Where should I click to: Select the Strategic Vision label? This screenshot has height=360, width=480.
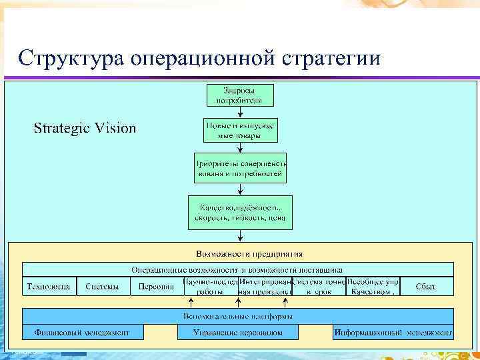[x=85, y=128]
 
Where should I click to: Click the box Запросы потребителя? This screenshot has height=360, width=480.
[x=239, y=95]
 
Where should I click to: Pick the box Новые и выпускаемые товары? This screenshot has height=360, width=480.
[x=239, y=130]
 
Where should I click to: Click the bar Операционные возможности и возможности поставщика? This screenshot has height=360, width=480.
[x=237, y=270]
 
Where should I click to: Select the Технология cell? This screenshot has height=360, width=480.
[x=49, y=287]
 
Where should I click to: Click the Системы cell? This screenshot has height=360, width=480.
[x=103, y=287]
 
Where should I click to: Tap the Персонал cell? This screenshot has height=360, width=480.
[x=155, y=287]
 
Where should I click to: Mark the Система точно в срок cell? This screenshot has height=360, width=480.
[x=319, y=287]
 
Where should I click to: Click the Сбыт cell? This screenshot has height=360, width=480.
[x=425, y=287]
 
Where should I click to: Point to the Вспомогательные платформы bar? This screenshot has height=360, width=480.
[x=238, y=315]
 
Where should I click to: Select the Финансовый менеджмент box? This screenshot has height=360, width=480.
[x=77, y=332]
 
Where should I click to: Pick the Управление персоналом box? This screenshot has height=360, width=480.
[x=238, y=332]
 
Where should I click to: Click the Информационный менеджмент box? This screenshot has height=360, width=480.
[x=393, y=332]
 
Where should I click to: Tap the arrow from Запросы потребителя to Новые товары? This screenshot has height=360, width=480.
[x=239, y=112]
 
